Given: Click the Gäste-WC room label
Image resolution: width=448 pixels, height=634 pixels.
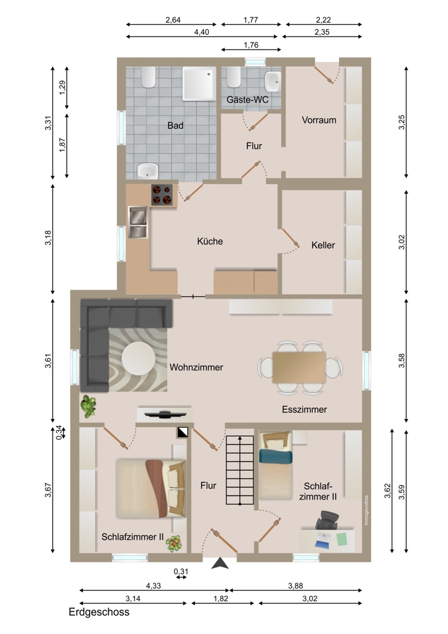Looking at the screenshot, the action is click(x=247, y=100).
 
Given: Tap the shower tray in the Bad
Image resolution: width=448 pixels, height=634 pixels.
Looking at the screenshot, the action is click(x=199, y=84).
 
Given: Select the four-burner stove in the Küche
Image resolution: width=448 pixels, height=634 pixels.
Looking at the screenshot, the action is click(x=162, y=195).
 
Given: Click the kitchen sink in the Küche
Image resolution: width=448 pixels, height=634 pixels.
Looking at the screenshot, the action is click(x=138, y=222).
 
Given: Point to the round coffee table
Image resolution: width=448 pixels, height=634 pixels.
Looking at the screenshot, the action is click(x=138, y=359).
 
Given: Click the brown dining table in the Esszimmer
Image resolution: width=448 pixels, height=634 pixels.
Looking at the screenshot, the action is click(x=299, y=367).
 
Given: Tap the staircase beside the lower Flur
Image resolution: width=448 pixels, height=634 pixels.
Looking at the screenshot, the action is click(x=240, y=470).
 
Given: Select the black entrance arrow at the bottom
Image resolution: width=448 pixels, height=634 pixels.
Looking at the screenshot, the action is click(x=220, y=563).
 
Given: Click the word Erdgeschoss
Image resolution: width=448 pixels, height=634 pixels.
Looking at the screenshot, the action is click(x=99, y=612).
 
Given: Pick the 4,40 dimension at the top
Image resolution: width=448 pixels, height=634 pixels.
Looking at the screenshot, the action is click(x=202, y=32).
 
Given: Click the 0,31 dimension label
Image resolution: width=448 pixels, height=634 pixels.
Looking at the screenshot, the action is click(x=181, y=572).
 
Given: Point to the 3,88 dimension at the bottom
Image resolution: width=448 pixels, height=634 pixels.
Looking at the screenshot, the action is click(x=296, y=586).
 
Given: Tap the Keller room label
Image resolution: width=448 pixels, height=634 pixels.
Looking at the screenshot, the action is click(x=323, y=245).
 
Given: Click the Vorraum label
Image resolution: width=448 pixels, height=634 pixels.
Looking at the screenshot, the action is click(x=319, y=120).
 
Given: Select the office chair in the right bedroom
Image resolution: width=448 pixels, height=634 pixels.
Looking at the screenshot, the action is click(x=327, y=520).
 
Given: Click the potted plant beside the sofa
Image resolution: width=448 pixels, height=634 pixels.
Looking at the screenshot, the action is click(x=88, y=406).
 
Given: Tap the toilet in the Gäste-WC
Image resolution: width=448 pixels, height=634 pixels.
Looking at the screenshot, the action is click(x=234, y=77).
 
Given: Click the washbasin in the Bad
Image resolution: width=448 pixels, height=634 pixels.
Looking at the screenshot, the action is click(x=147, y=171).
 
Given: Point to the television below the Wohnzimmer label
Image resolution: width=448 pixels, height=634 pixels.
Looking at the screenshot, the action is click(x=165, y=414).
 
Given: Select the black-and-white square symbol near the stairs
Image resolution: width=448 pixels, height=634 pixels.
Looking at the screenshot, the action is click(x=183, y=432).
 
